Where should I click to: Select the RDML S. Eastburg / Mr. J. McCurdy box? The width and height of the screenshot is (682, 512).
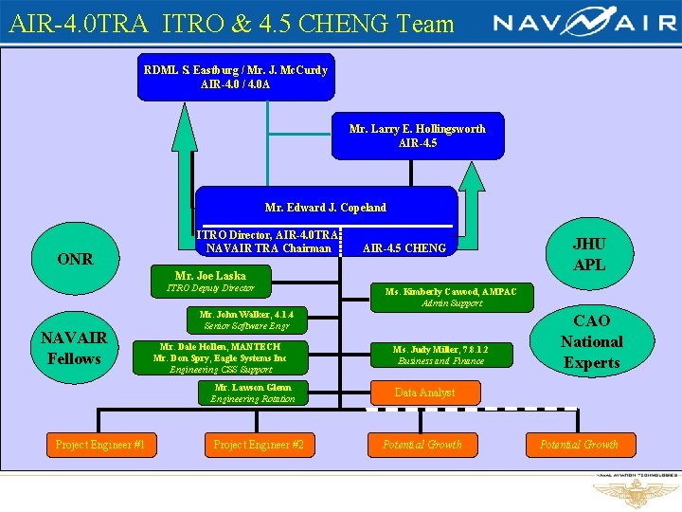235,77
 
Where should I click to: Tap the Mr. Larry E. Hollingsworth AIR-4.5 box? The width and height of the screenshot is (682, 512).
418,136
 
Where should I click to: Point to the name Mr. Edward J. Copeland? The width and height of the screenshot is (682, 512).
325,207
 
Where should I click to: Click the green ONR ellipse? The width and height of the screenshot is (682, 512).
76,259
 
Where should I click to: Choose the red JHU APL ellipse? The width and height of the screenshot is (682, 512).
589,254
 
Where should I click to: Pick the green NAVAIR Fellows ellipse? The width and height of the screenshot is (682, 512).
75,347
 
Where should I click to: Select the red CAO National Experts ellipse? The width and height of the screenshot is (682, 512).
591,341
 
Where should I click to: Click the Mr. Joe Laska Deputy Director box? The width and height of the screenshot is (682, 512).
210,282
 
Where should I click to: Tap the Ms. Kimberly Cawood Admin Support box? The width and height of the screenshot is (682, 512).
452,297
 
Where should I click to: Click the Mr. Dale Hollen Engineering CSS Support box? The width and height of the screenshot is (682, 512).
221,358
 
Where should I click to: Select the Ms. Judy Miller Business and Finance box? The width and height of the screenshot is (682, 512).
441,355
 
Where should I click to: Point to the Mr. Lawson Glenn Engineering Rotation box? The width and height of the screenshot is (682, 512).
253,393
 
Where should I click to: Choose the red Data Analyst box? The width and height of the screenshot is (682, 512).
424,393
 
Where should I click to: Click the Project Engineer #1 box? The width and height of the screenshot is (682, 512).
99,444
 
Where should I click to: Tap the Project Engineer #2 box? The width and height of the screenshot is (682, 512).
258,444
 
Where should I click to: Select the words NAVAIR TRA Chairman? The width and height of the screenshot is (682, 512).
267,248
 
